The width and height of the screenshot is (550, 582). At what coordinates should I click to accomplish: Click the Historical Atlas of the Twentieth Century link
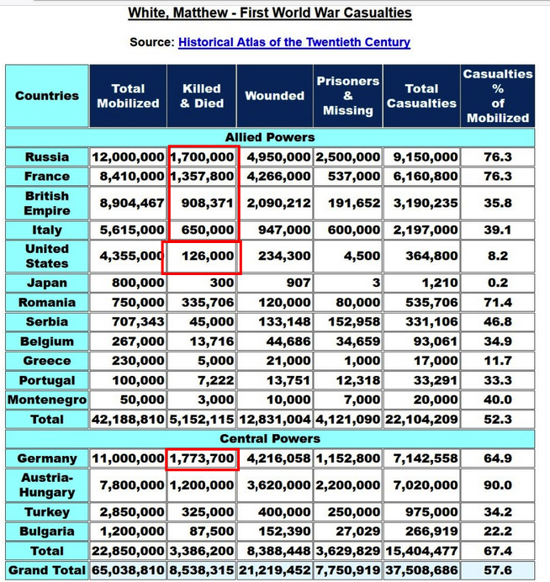[294, 42]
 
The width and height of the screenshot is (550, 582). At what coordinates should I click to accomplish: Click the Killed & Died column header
[202, 96]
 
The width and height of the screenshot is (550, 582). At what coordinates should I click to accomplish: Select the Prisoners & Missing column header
[347, 96]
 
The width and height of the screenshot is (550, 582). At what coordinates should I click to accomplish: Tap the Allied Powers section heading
[270, 137]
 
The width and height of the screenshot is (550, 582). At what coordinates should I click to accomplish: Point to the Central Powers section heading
[270, 439]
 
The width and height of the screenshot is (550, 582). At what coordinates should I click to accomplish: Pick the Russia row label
[47, 157]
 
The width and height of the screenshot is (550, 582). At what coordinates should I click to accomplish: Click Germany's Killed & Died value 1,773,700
[202, 459]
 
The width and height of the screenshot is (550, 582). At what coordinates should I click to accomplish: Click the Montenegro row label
[47, 400]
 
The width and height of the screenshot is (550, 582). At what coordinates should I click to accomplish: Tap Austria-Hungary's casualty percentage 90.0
[498, 486]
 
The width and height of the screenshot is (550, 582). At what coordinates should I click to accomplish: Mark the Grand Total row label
[47, 571]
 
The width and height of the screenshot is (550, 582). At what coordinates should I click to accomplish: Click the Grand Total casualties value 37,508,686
[421, 571]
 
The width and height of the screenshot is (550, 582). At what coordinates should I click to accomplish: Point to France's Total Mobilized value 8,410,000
[129, 177]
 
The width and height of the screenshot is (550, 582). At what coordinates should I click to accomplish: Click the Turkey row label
[47, 512]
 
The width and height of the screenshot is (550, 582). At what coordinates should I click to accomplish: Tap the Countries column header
[47, 96]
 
